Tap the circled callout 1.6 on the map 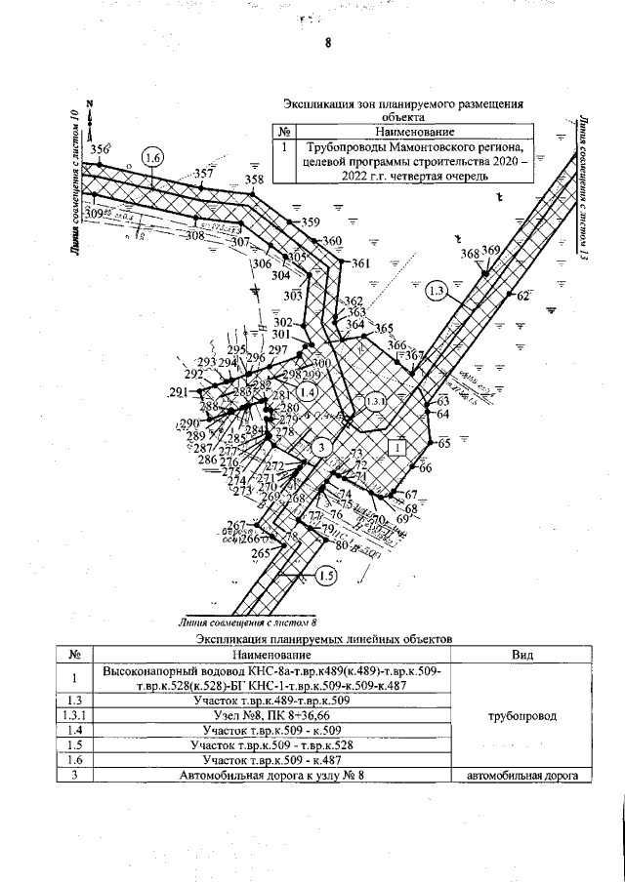click(x=151, y=158)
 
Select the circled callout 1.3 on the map click(x=437, y=290)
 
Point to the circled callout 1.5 click(x=327, y=577)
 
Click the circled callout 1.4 click(x=307, y=392)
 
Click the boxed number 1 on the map click(x=396, y=447)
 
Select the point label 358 click(x=254, y=180)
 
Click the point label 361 click(x=360, y=263)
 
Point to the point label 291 click(x=178, y=392)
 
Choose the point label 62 click(x=522, y=296)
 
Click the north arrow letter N click(x=89, y=103)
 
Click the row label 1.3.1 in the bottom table click(x=74, y=715)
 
